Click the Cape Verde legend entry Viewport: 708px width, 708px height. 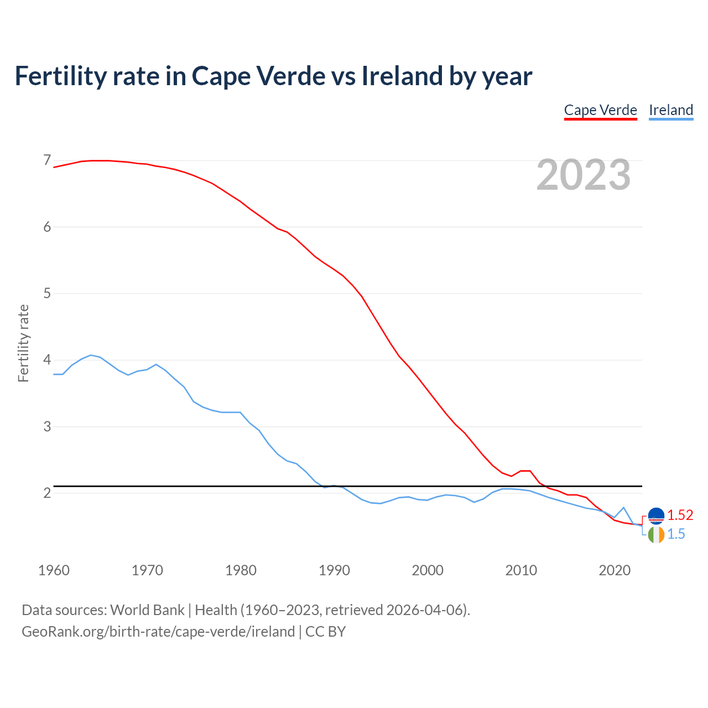click(600, 110)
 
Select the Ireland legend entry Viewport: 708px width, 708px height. click(670, 110)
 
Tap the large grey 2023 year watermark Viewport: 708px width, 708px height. click(583, 175)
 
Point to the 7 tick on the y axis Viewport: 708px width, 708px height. click(47, 160)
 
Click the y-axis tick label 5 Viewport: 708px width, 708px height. click(47, 293)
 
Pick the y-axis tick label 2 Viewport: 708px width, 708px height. click(47, 493)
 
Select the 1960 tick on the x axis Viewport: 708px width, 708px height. click(54, 570)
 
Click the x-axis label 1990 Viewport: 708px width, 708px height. click(334, 570)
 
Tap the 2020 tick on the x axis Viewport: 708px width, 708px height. click(615, 570)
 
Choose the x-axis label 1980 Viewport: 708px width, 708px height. click(241, 570)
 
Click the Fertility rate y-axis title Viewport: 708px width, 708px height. click(23, 343)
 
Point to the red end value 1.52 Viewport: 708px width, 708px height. click(680, 516)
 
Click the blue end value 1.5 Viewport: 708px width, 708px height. click(676, 534)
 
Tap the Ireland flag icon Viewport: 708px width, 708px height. click(656, 535)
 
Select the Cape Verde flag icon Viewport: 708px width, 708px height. click(656, 516)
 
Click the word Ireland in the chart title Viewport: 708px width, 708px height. click(402, 76)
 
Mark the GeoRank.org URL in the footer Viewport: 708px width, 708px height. click(158, 632)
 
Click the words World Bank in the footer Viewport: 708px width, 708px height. click(147, 610)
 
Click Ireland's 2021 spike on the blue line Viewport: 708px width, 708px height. click(623, 507)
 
